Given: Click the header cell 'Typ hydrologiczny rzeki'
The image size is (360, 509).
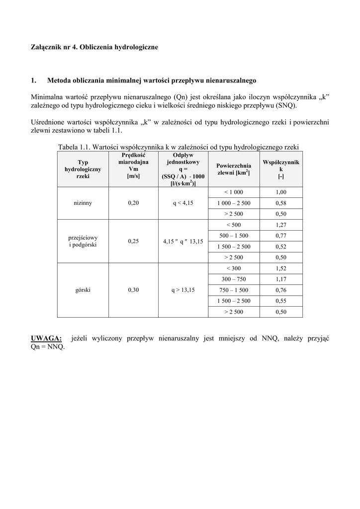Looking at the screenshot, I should (x=83, y=169).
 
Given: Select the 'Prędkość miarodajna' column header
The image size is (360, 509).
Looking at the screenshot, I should (x=133, y=165).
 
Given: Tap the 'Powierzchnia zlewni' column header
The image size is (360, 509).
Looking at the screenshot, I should (x=234, y=169).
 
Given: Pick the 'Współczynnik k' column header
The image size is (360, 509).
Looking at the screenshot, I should (x=281, y=169).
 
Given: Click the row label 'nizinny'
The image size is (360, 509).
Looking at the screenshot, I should (x=83, y=203).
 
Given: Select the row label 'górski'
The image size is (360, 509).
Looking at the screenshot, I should (x=83, y=290).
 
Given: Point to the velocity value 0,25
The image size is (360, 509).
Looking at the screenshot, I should (x=133, y=242).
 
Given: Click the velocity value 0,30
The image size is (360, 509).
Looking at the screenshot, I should (x=133, y=290).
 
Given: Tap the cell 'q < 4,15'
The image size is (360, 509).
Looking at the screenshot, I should (x=183, y=203).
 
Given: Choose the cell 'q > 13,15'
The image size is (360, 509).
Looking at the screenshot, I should (x=183, y=290).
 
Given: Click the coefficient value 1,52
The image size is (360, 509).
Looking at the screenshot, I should (x=281, y=268).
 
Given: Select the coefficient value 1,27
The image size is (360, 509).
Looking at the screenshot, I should (x=281, y=225).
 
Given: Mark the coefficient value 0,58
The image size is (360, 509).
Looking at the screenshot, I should (x=281, y=203).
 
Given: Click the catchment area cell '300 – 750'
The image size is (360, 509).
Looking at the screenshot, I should (x=234, y=279).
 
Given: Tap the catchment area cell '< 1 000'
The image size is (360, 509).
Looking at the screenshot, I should (x=234, y=192).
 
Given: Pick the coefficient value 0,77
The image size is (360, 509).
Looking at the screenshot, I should (x=281, y=236).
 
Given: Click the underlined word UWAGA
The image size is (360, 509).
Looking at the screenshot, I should (x=46, y=338).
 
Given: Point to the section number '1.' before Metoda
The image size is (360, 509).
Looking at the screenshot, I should (x=34, y=80).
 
